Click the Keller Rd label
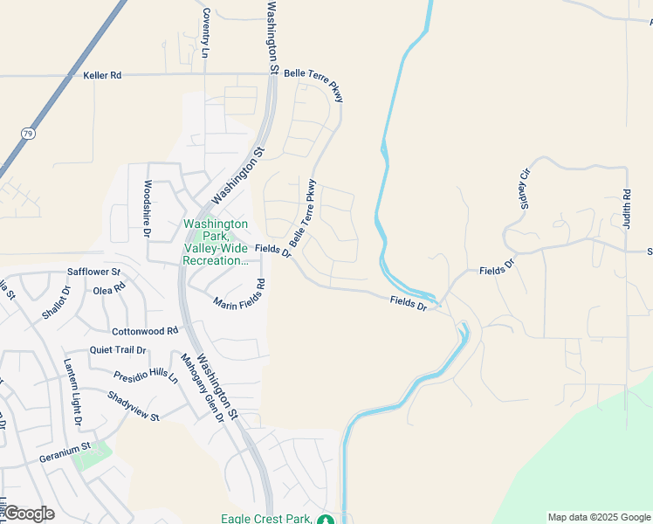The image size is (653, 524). (102, 76)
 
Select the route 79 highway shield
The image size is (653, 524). (29, 134)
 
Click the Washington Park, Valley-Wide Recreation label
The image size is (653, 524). (216, 242)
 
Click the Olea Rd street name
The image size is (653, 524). (109, 288)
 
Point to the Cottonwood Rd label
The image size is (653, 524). (145, 332)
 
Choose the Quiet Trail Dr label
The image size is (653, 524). (118, 350)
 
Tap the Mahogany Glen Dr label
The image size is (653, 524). (202, 387)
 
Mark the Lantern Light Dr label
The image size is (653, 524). (72, 392)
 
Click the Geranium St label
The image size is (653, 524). (65, 453)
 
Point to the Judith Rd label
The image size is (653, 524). (627, 209)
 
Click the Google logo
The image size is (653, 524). (29, 514)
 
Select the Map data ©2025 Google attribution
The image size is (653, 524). (599, 517)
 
